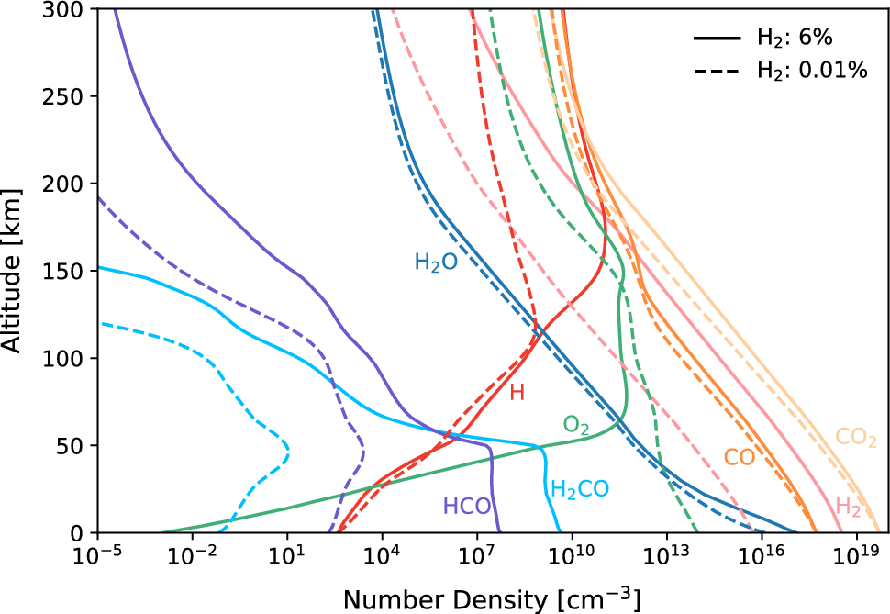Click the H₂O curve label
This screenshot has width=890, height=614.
point(436,263)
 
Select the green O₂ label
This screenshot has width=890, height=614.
point(576,425)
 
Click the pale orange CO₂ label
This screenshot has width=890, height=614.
point(855,437)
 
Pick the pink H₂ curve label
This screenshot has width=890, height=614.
point(848,506)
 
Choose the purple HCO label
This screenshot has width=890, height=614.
point(467,506)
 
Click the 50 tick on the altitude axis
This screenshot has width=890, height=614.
point(73,445)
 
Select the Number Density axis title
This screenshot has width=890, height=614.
point(491,597)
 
